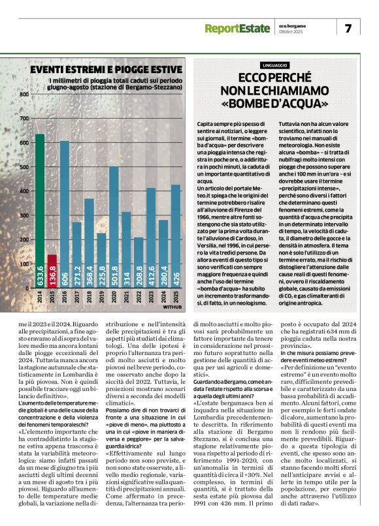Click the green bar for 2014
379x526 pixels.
(x=39, y=209)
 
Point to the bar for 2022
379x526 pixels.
(x=139, y=261)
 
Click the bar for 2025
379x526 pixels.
(x=175, y=234)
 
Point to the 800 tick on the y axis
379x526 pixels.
(x=24, y=95)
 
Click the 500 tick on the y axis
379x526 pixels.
(x=24, y=167)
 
